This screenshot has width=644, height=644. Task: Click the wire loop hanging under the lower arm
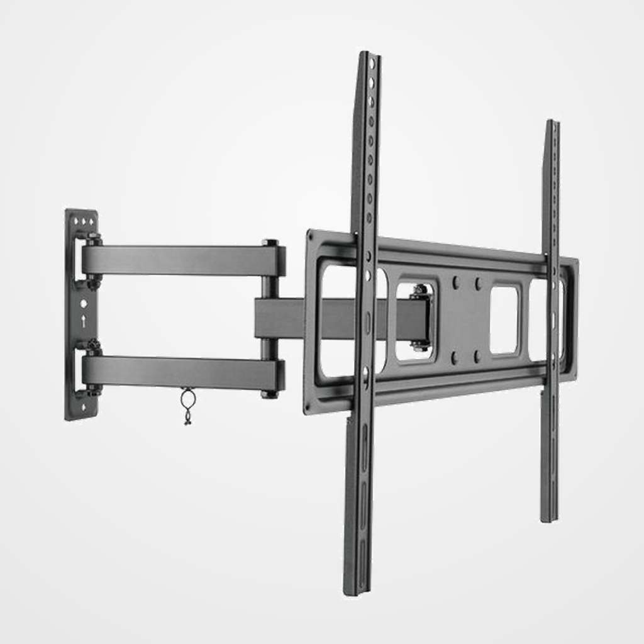click(187, 400)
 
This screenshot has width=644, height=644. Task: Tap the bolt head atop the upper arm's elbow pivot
click(270, 242)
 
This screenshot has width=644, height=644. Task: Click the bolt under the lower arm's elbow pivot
click(270, 395)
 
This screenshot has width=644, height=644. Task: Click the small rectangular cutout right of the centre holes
click(504, 319)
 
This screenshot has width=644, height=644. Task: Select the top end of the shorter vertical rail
click(552, 123)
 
